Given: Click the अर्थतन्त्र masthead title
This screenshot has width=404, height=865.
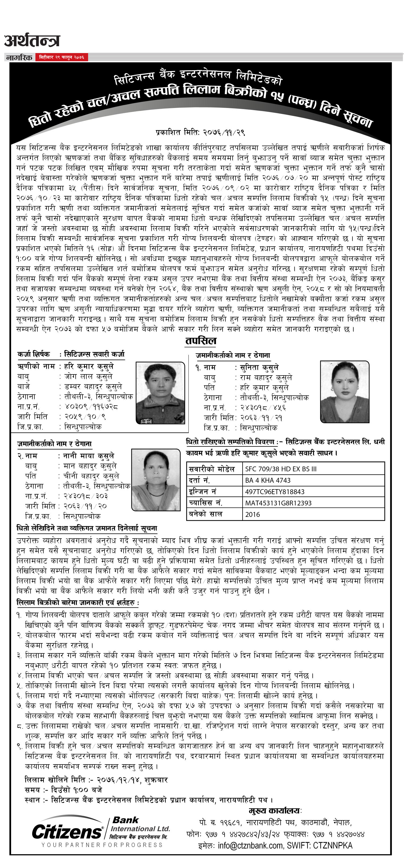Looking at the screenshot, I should point(32,41).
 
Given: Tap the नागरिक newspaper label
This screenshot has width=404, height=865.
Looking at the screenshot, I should point(19,57).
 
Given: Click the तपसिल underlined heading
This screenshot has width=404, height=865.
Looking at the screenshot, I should point(201,341).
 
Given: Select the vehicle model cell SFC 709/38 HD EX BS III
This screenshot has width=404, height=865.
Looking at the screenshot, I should point(281,469).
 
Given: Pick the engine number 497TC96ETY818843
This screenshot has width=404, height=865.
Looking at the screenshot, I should point(275,492).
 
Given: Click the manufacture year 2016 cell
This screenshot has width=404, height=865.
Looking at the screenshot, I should point(252,514).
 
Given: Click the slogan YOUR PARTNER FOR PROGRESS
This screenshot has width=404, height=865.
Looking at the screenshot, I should point(102,845).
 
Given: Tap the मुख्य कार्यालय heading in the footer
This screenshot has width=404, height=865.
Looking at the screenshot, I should point(275,810).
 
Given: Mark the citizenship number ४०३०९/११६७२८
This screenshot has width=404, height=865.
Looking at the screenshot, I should point(91,407).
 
